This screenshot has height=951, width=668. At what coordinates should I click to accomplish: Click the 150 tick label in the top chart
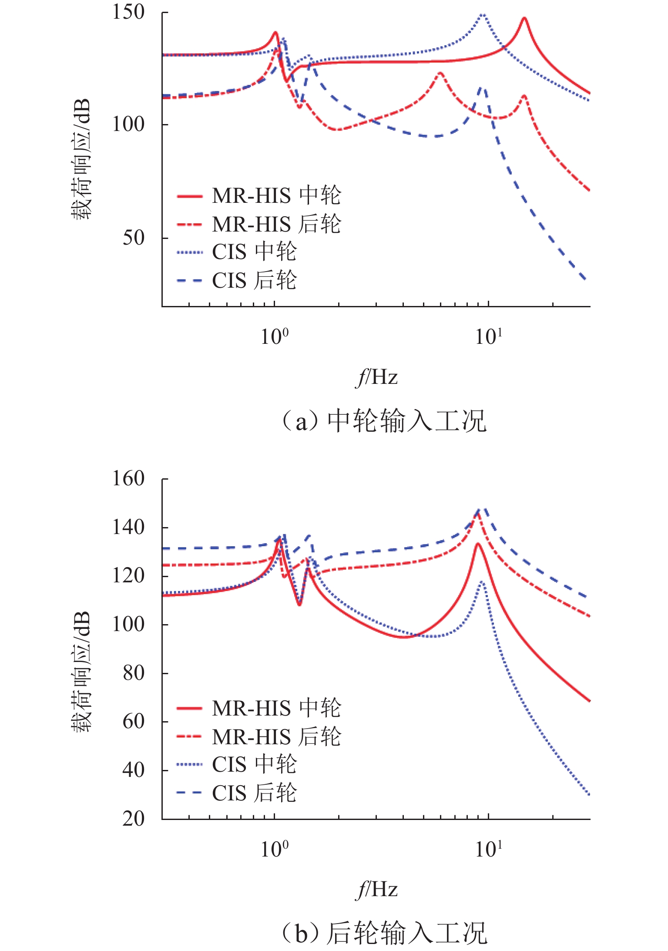tap(128, 12)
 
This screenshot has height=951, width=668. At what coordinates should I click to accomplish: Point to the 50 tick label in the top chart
tap(134, 238)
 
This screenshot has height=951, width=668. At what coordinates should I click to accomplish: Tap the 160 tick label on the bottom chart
tap(128, 479)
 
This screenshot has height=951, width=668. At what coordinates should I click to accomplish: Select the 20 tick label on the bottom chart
tap(134, 819)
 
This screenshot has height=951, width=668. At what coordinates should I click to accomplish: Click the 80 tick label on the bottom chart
tap(134, 673)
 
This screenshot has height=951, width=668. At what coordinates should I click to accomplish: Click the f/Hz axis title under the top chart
tap(376, 377)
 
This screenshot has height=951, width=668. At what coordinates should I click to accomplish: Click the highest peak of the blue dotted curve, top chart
tap(482, 15)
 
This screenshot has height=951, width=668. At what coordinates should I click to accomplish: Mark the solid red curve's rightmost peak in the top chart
tap(524, 18)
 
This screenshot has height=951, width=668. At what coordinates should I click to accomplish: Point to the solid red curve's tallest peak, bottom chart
tap(478, 543)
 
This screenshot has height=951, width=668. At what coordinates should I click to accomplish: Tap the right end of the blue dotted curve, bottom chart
tap(589, 795)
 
